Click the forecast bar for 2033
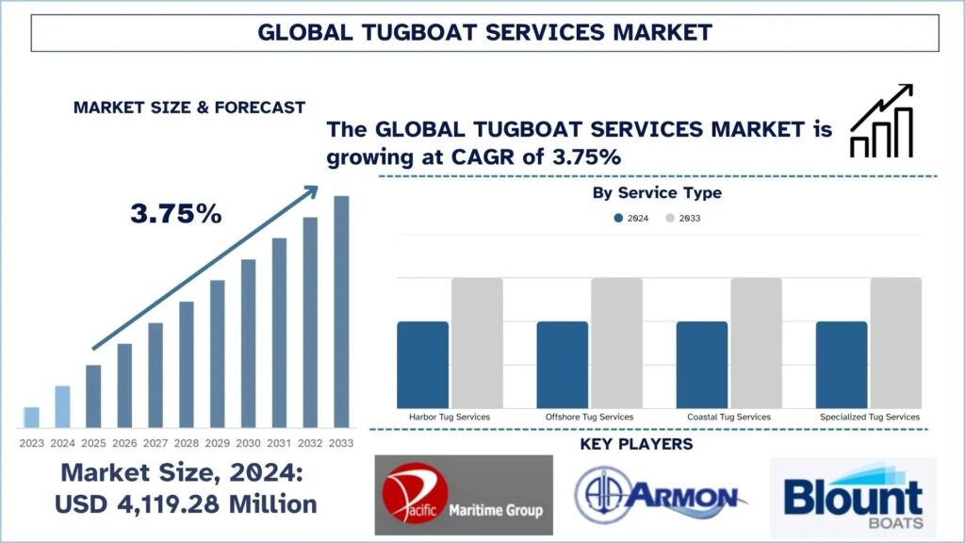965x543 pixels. (x=341, y=311)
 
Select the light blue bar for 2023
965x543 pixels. (x=31, y=417)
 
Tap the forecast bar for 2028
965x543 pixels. (x=187, y=364)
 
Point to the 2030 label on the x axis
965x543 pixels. (x=248, y=443)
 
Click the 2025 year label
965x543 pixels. (x=93, y=443)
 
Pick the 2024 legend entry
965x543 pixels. (x=631, y=218)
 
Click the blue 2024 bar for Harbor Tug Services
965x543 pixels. (x=422, y=363)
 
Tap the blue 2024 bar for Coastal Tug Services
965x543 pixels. (x=702, y=363)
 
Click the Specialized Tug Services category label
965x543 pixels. (x=868, y=416)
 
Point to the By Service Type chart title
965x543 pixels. (x=657, y=193)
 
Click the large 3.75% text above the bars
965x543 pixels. (x=176, y=214)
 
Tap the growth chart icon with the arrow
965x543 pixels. (x=881, y=120)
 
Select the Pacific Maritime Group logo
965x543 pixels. (x=464, y=495)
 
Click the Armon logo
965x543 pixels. (x=661, y=496)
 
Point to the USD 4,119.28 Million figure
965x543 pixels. (x=186, y=504)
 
